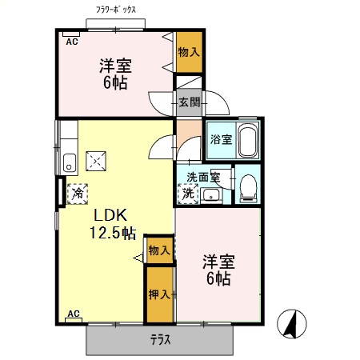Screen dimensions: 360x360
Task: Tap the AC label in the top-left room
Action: click(71, 41)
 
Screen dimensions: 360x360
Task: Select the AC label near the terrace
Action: click(73, 314)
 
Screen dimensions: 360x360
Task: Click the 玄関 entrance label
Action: click(190, 102)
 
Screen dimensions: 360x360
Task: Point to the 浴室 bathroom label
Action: click(221, 140)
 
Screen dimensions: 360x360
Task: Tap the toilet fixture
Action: click(247, 187)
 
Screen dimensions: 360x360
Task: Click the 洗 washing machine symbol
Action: click(187, 193)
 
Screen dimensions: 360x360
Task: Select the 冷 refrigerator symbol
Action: click(78, 192)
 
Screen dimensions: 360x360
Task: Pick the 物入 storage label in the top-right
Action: click(189, 53)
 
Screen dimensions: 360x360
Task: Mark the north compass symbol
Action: click(294, 325)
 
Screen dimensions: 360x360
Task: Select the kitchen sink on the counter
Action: click(68, 162)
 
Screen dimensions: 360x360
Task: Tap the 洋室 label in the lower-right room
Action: click(217, 261)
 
